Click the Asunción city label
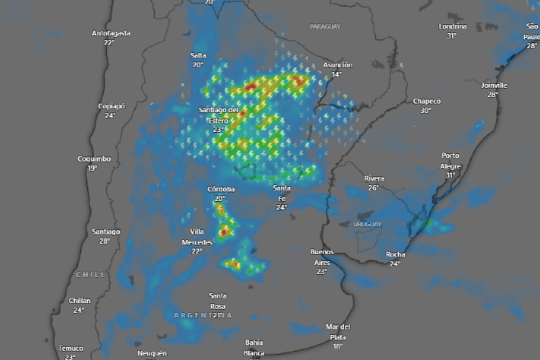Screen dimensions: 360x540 [337, 65]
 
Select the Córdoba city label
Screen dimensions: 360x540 [220, 189]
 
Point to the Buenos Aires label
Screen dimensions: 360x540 [322, 257]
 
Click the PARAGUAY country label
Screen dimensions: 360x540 [325, 27]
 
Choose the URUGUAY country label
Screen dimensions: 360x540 [367, 224]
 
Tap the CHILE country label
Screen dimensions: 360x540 [90, 274]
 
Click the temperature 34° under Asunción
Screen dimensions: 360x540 [336, 74]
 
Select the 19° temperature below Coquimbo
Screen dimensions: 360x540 [92, 168]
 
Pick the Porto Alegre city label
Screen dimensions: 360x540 [450, 161]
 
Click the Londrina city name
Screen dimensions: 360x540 [452, 27]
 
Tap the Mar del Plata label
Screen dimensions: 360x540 [337, 332]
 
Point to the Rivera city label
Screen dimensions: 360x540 [374, 179]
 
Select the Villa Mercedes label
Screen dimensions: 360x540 [197, 237]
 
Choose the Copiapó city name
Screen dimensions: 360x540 [111, 106]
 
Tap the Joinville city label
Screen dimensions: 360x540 [494, 85]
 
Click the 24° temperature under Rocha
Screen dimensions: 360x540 [395, 264]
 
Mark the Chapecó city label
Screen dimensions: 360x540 [427, 101]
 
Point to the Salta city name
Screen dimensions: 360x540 [198, 55]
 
